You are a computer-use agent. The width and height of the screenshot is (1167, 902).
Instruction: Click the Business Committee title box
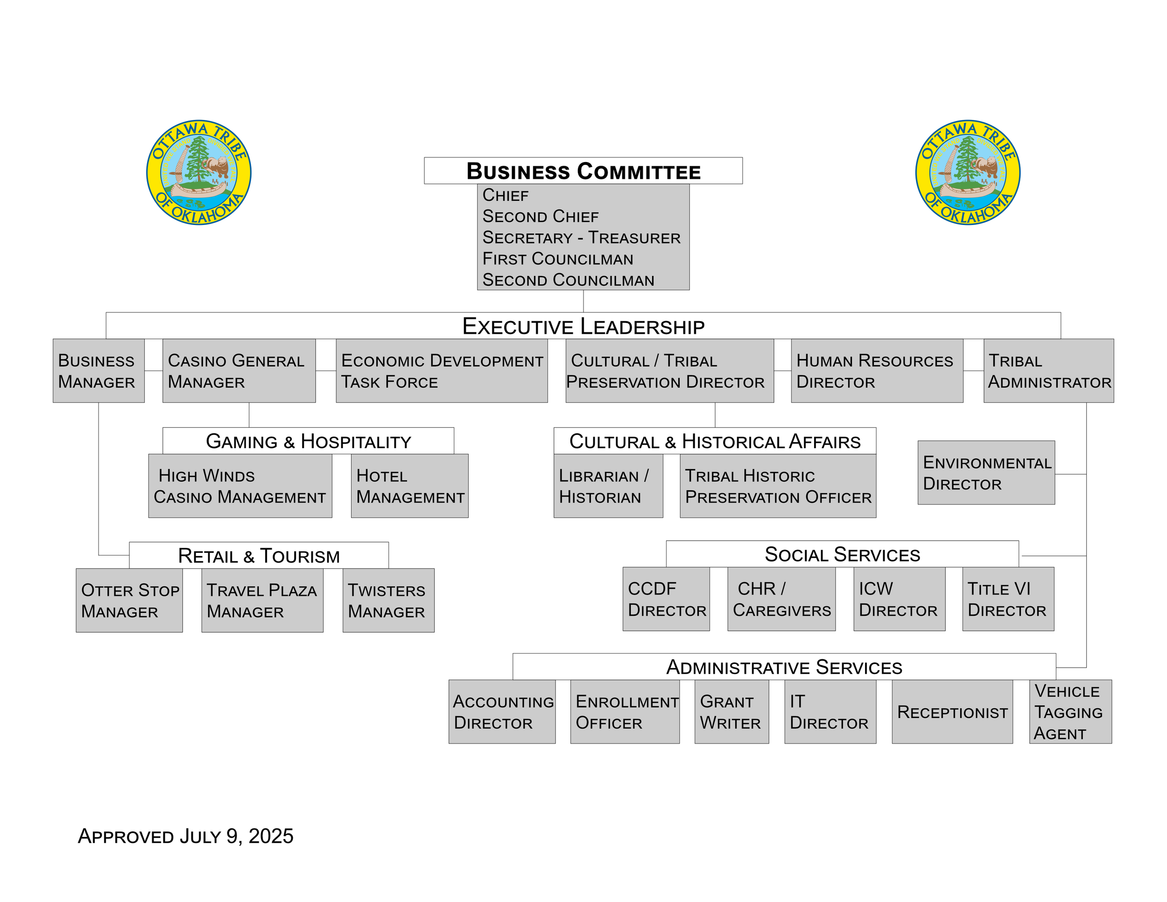pyautogui.click(x=583, y=171)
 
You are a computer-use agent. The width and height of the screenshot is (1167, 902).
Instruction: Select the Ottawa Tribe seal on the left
pyautogui.click(x=199, y=172)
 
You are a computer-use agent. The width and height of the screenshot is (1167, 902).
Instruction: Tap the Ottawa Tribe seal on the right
pyautogui.click(x=968, y=172)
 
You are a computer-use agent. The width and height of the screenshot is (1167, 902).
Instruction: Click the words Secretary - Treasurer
pyautogui.click(x=581, y=238)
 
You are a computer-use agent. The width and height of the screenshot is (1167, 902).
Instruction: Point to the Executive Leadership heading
pyautogui.click(x=583, y=326)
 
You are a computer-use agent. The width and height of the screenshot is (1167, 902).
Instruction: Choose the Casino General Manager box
pyautogui.click(x=239, y=371)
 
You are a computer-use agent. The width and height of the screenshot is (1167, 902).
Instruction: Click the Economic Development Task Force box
pyautogui.click(x=442, y=371)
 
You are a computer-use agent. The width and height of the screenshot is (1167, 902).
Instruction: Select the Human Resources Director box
pyautogui.click(x=877, y=371)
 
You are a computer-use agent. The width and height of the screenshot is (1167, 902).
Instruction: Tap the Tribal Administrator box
pyautogui.click(x=1048, y=371)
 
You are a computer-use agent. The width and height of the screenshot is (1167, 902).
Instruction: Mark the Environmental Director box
pyautogui.click(x=986, y=472)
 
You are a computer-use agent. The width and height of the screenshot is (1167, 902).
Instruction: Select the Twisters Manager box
pyautogui.click(x=388, y=600)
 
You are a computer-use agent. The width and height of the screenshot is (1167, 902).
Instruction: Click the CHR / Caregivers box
pyautogui.click(x=781, y=599)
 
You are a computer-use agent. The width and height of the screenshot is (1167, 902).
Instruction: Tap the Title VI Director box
pyautogui.click(x=1008, y=599)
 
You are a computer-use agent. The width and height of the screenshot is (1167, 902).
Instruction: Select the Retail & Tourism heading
pyautogui.click(x=259, y=556)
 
